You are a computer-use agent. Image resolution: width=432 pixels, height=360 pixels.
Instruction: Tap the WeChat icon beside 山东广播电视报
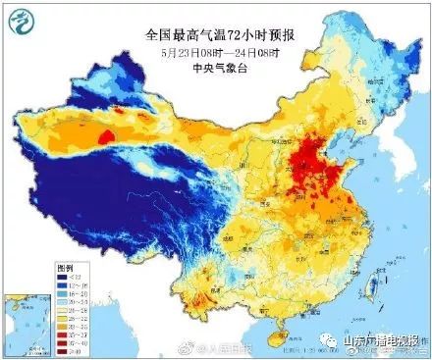pyautogui.click(x=332, y=339)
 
